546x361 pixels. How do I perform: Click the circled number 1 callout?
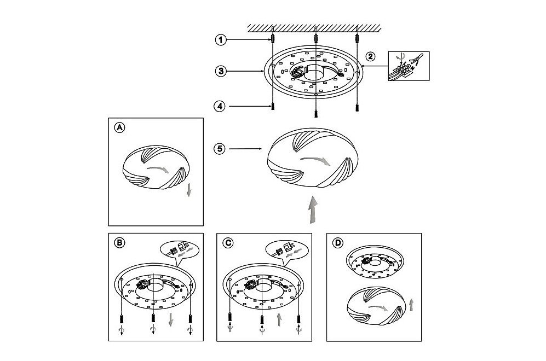click(x=220, y=39)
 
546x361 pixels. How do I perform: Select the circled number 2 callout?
click(x=370, y=56)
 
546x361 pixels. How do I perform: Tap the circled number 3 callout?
click(x=221, y=71)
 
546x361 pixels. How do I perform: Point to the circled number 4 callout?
click(x=220, y=106)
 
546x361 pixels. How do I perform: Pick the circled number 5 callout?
click(x=220, y=149)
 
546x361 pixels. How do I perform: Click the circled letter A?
click(x=119, y=127)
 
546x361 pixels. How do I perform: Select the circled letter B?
click(x=119, y=243)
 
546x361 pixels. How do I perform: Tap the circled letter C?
click(x=228, y=243)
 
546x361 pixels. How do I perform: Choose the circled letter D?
click(x=337, y=243)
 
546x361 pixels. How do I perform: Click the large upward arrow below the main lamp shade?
click(x=313, y=209)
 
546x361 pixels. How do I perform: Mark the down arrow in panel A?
click(x=189, y=190)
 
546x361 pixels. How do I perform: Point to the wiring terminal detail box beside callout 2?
click(x=409, y=66)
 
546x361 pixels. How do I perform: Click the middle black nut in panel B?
click(x=153, y=318)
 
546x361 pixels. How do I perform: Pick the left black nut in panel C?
click(x=229, y=317)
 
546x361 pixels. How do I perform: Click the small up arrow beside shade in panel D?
click(x=412, y=305)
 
